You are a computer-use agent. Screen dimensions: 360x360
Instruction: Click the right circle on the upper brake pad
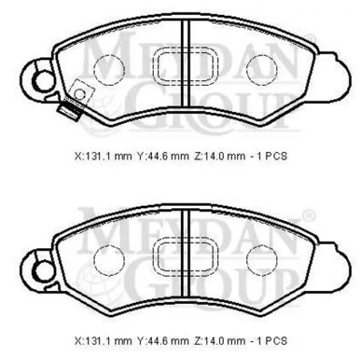(x=262, y=69)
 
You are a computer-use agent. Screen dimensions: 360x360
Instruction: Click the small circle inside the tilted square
(x=80, y=94)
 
